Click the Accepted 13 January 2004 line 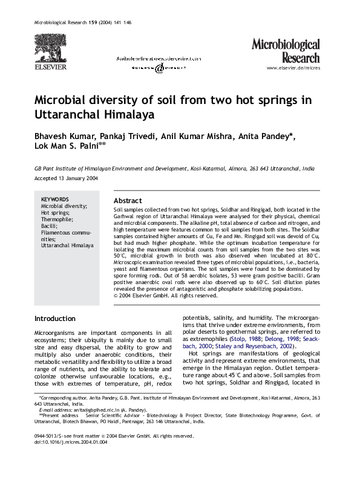coord(65,180)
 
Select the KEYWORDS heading coord(54,199)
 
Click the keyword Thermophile coord(57,219)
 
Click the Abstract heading coord(128,201)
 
